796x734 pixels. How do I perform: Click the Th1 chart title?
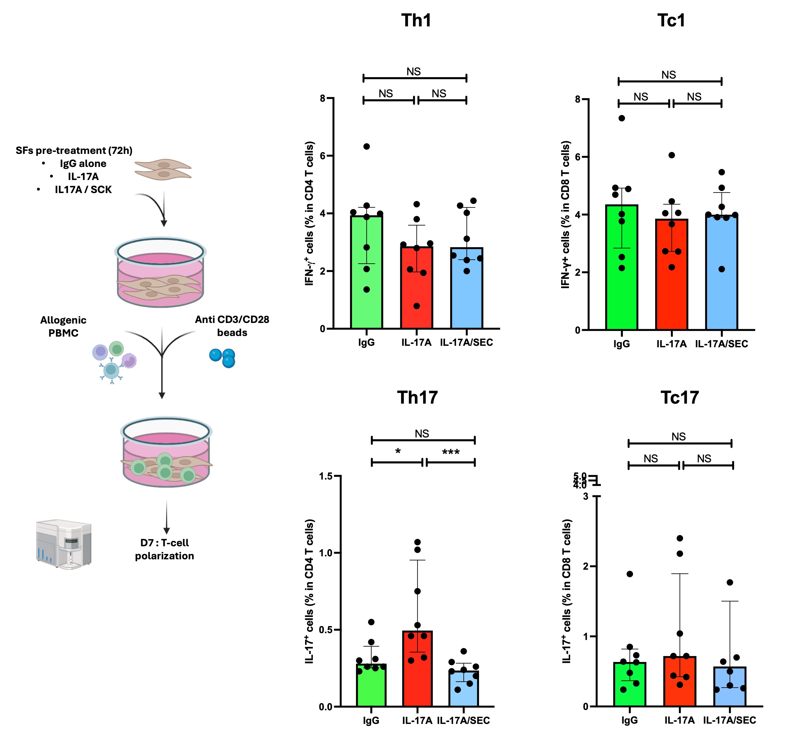click(x=416, y=21)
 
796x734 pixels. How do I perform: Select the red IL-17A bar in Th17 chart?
click(x=417, y=671)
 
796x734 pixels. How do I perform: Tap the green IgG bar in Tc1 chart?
click(x=621, y=270)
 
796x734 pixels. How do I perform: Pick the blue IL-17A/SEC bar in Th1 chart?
click(x=467, y=290)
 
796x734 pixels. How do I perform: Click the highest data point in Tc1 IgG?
click(x=622, y=118)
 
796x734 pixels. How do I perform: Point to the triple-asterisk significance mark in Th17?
click(x=451, y=452)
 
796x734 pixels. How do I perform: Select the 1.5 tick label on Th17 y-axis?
click(x=326, y=476)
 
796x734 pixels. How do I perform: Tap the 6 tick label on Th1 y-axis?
click(x=323, y=156)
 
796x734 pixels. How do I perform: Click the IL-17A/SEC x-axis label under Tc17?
click(x=729, y=720)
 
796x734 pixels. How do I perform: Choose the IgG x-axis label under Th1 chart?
click(x=366, y=342)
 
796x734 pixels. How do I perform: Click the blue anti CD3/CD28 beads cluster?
click(x=223, y=357)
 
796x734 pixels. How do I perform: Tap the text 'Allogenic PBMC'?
click(x=63, y=326)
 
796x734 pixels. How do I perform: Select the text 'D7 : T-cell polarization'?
click(x=164, y=549)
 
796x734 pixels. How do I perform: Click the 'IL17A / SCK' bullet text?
click(x=83, y=190)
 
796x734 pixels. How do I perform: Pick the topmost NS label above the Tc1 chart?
click(x=669, y=75)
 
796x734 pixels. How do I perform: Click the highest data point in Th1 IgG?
click(x=366, y=147)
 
